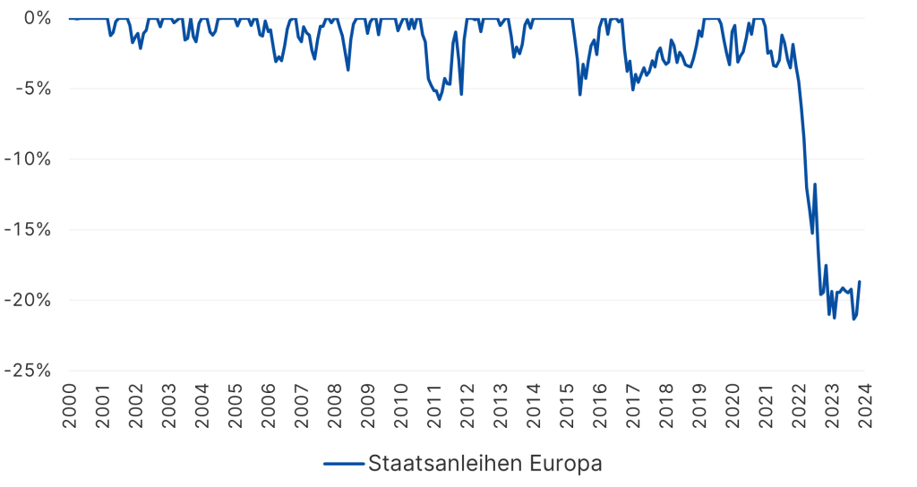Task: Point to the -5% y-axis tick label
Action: [x=32, y=89]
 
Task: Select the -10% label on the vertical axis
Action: [x=29, y=159]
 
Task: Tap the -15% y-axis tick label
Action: [x=29, y=229]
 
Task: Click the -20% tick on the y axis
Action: [x=29, y=300]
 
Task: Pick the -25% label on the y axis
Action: [x=29, y=371]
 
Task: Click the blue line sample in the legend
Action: [x=343, y=464]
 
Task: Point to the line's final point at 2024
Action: [x=860, y=282]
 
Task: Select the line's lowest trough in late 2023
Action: [x=853, y=319]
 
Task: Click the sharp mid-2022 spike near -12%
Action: [x=815, y=184]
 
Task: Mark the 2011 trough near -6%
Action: [x=439, y=99]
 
